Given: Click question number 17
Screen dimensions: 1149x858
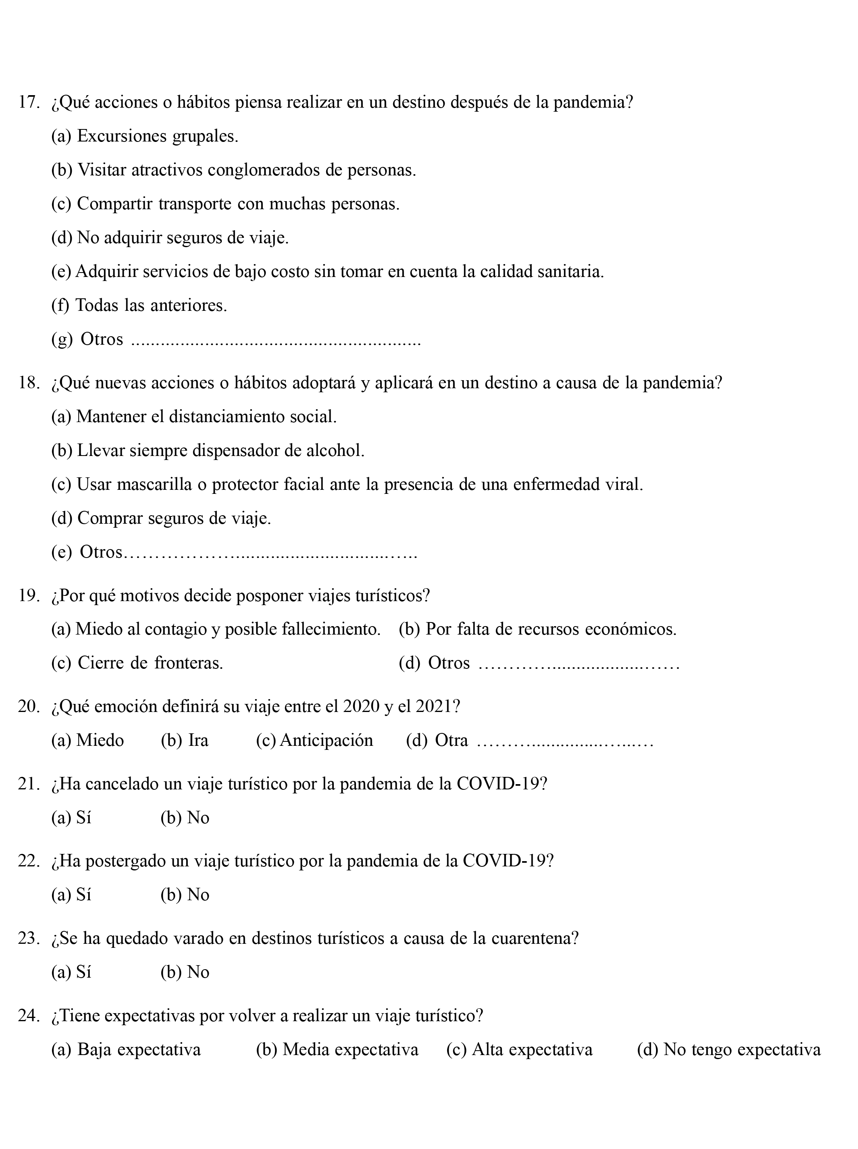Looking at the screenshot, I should point(29,102).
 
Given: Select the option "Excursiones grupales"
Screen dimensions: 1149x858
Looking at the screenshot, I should point(144,137).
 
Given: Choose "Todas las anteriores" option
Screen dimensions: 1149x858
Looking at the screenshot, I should point(139,305).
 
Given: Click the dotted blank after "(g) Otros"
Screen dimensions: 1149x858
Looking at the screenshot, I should point(275,343).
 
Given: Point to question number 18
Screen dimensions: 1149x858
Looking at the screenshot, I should point(29,383).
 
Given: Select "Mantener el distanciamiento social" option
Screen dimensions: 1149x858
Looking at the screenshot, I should point(194,417).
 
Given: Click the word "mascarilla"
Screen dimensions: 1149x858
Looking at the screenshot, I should point(153,485).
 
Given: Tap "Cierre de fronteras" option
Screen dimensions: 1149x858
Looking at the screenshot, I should point(137,663).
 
